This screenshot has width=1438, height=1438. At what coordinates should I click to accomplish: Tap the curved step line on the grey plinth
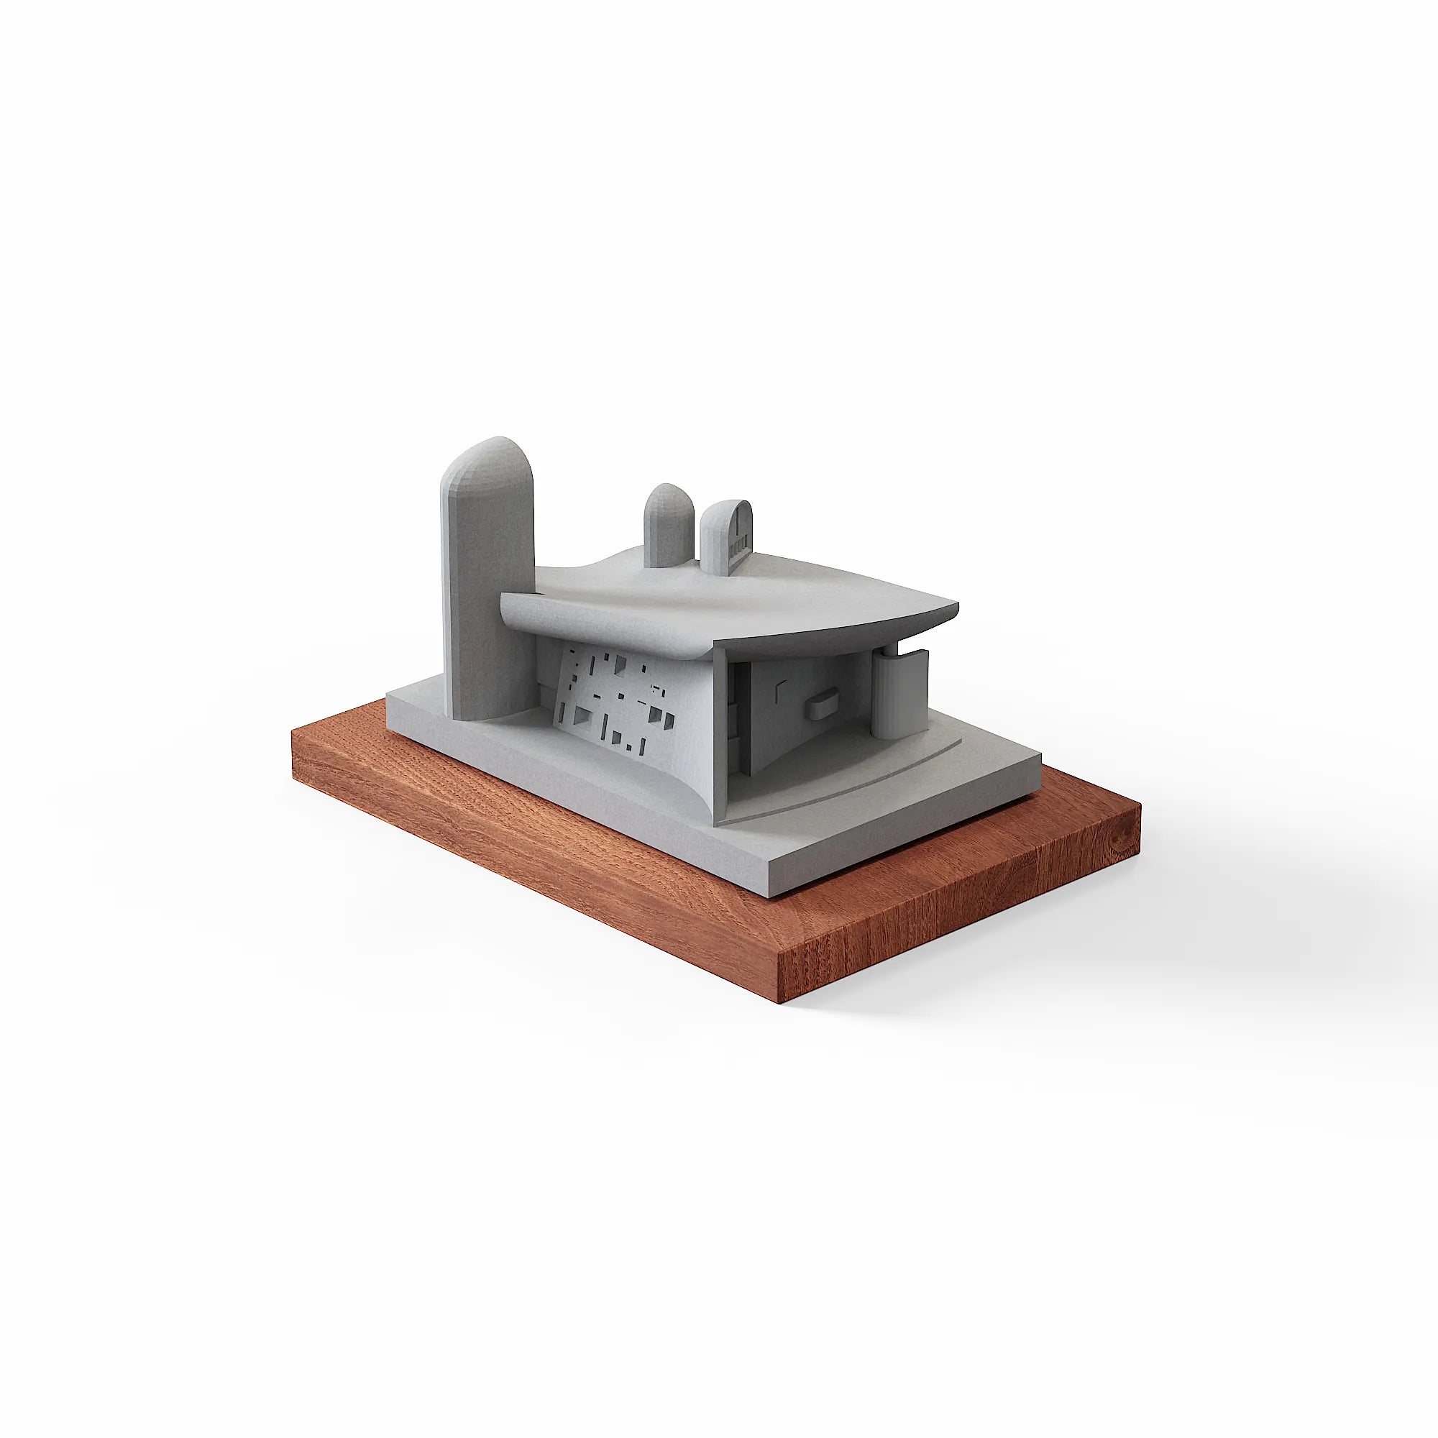(x=856, y=789)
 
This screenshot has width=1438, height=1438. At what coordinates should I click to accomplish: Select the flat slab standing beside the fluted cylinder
(x=921, y=674)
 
